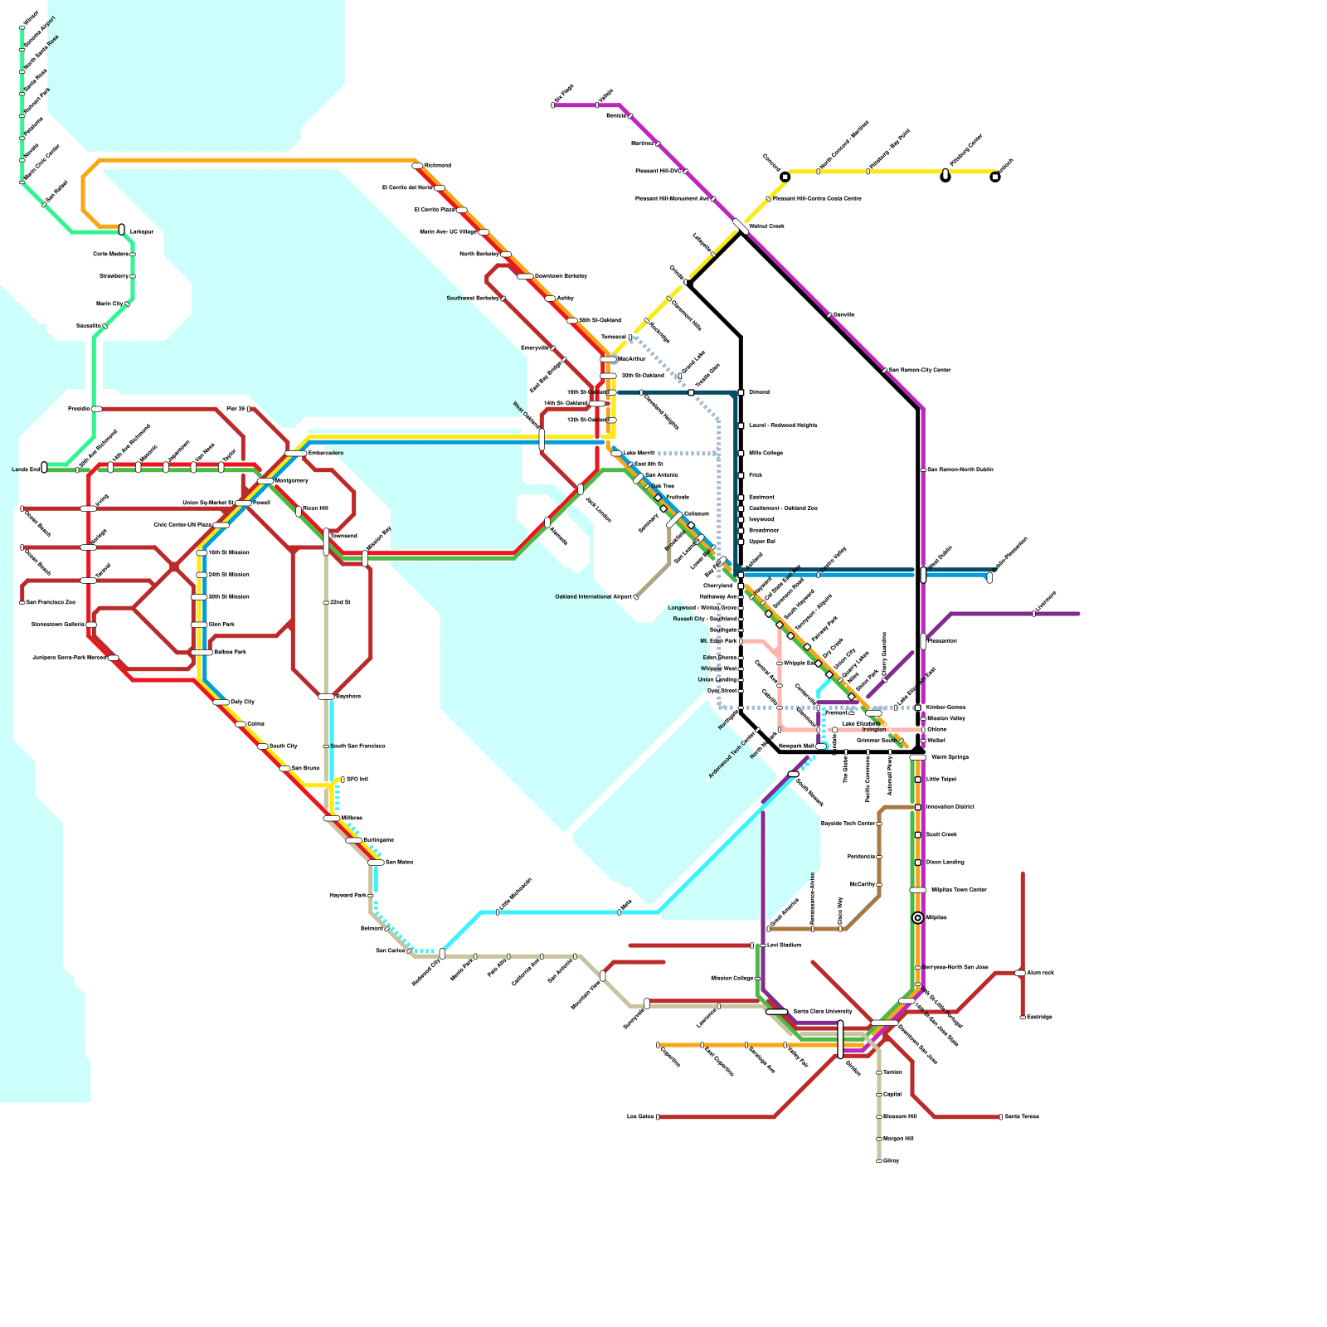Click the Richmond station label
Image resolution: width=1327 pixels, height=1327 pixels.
click(437, 166)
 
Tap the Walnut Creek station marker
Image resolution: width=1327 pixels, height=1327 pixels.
click(741, 226)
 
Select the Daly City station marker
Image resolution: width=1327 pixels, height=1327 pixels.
click(221, 702)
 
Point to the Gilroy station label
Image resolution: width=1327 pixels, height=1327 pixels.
click(891, 1161)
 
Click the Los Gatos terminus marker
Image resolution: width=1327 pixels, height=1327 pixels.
click(658, 1117)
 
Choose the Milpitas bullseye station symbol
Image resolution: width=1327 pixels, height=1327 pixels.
click(917, 918)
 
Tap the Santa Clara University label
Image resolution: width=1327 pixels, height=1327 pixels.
click(822, 1012)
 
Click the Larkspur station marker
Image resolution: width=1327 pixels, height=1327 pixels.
click(122, 229)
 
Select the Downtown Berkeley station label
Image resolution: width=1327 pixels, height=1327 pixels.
click(561, 276)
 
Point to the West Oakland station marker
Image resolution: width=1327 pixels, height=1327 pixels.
click(542, 438)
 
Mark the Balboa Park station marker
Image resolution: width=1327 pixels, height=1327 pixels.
click(202, 653)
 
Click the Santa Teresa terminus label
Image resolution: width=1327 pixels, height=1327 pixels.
click(1022, 1117)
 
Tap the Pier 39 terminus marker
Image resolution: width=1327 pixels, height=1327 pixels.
click(248, 409)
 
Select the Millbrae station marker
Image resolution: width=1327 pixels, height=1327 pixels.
click(331, 819)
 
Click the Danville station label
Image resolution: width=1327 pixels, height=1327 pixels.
click(843, 315)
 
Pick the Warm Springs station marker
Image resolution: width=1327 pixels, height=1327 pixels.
click(917, 757)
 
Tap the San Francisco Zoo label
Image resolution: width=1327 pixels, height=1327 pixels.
click(50, 603)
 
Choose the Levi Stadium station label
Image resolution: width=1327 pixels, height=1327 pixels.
click(784, 945)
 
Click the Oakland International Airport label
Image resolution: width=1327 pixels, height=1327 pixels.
click(593, 597)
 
